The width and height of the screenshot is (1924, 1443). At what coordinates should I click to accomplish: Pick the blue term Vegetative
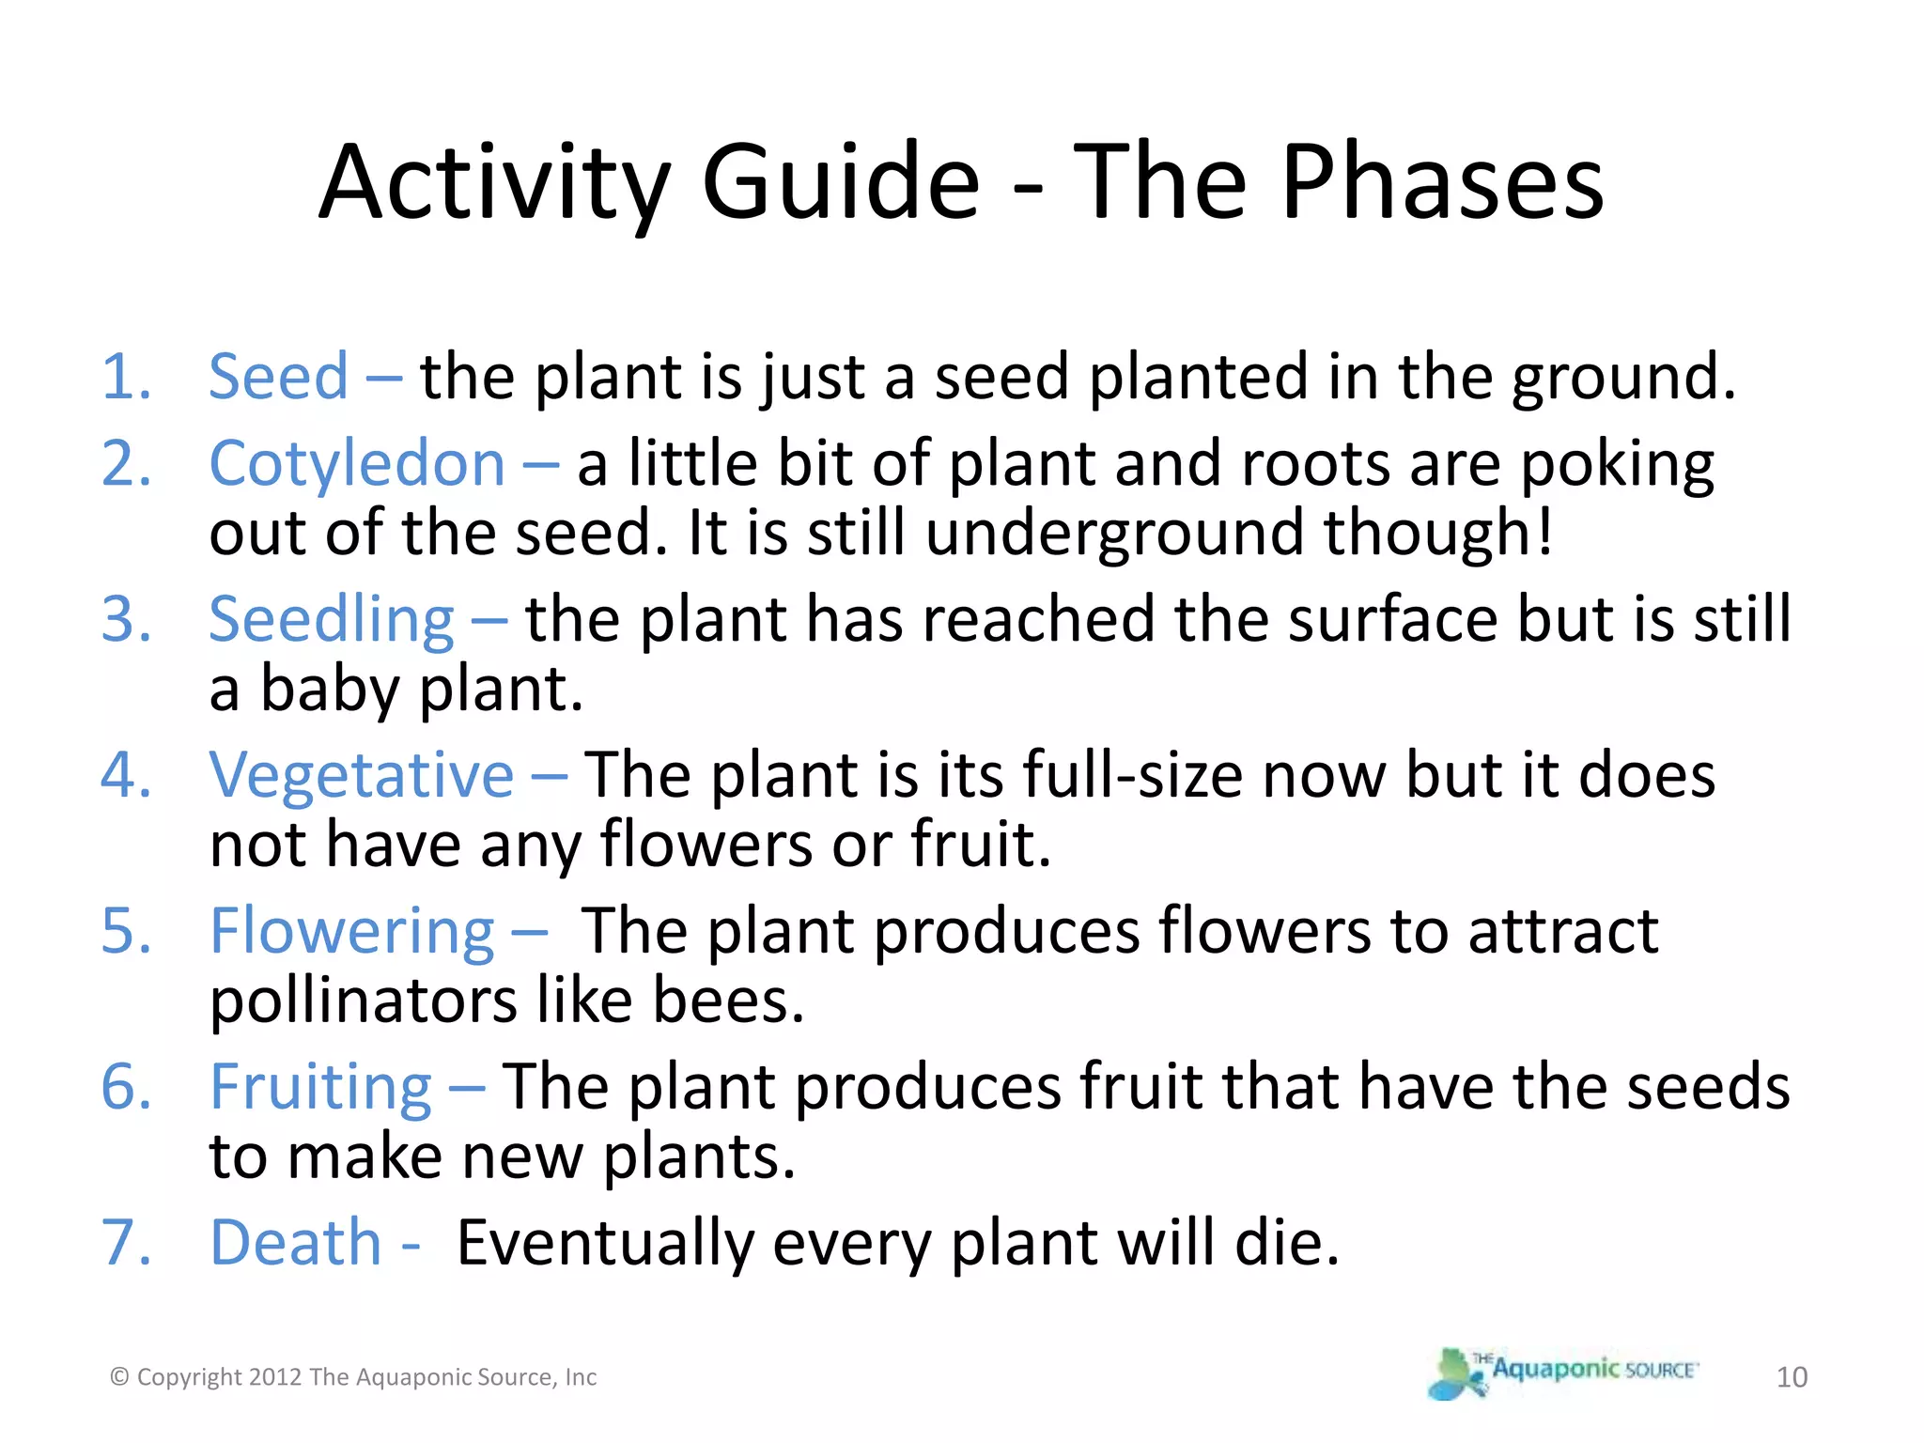(x=362, y=775)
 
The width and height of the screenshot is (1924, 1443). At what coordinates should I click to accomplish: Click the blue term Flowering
(x=352, y=931)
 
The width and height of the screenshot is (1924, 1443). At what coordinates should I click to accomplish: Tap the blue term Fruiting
(x=320, y=1087)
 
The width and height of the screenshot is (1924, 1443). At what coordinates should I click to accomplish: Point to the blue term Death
(x=295, y=1242)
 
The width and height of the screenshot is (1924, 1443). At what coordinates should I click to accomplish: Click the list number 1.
(x=126, y=377)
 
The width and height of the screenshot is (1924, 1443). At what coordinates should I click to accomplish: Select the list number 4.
(x=126, y=775)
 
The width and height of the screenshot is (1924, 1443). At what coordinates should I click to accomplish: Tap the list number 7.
(x=126, y=1242)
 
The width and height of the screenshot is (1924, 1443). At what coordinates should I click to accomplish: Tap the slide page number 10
(x=1792, y=1377)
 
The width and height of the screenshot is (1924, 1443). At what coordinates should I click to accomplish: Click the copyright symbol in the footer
(x=119, y=1377)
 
